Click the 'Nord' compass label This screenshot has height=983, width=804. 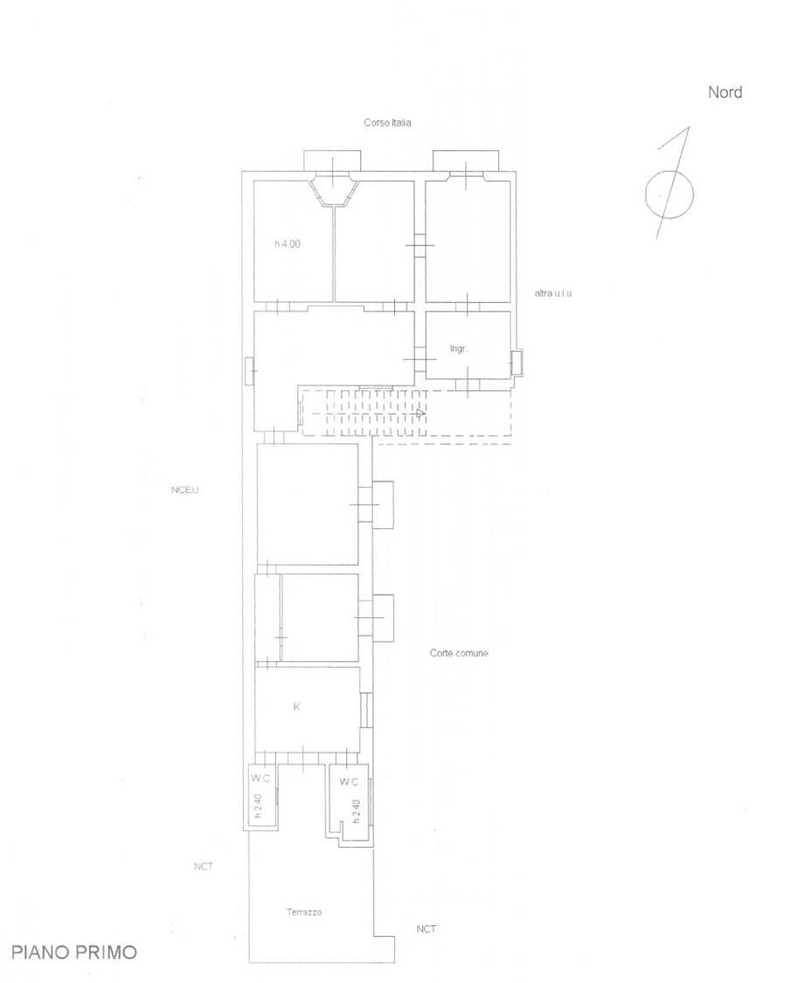725,93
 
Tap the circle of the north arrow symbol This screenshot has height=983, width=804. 647,195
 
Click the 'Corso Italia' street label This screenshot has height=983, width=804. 387,122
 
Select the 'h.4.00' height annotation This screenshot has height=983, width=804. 288,244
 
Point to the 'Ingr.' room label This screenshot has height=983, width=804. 459,348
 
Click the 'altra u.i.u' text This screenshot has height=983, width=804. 553,292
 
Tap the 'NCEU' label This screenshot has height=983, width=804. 184,490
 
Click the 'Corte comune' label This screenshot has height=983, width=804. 459,653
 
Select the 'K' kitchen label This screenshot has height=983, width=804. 297,706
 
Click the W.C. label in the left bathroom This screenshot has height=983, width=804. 261,779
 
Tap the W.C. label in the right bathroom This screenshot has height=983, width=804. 350,781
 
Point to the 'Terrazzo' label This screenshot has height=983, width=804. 304,912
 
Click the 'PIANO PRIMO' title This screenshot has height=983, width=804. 74,952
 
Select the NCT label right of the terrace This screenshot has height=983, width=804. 426,929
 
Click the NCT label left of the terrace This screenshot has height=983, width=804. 204,866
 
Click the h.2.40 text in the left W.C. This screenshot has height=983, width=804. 258,807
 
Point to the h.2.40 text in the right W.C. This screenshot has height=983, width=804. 356,811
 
